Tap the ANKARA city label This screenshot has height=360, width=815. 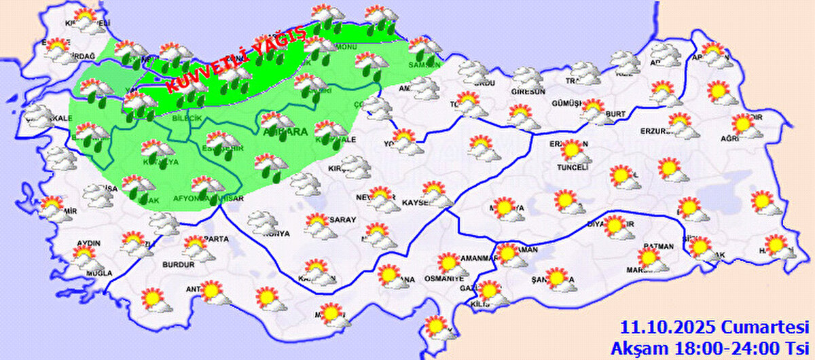[x=285, y=130]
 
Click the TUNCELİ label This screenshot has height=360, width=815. [x=571, y=166]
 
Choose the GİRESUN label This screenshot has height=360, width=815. [x=529, y=92]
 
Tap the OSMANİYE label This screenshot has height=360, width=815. [x=443, y=278]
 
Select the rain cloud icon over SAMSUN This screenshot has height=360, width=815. [x=424, y=49]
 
